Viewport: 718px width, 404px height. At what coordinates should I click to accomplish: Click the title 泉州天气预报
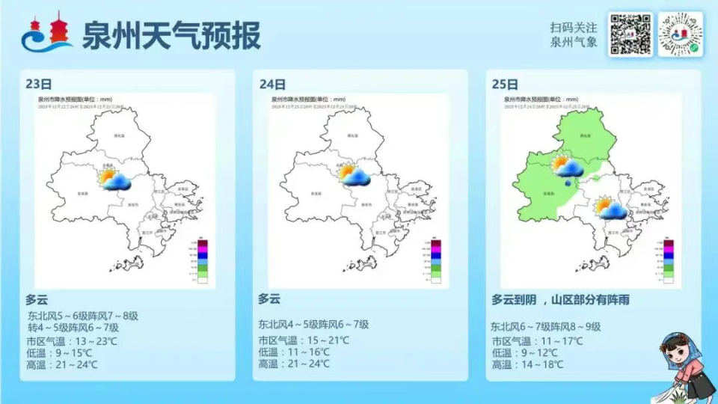(x=171, y=34)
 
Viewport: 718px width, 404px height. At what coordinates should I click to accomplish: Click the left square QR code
(x=629, y=34)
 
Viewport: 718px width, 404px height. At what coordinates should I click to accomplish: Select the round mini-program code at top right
(x=680, y=34)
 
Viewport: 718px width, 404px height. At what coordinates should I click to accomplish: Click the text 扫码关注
(x=574, y=27)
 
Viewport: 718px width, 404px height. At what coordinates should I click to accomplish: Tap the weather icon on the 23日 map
(x=115, y=179)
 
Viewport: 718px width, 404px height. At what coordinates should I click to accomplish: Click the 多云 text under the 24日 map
(x=269, y=299)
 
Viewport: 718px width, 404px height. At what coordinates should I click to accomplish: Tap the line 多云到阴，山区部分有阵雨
(x=560, y=299)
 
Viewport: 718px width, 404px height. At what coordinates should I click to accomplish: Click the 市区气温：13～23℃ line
(x=73, y=341)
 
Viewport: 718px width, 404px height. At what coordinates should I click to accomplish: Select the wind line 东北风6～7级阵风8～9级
(x=546, y=326)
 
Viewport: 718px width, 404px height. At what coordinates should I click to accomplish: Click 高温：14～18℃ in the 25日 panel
(x=529, y=364)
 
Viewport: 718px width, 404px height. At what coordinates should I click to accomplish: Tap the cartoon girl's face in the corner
(x=678, y=351)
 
